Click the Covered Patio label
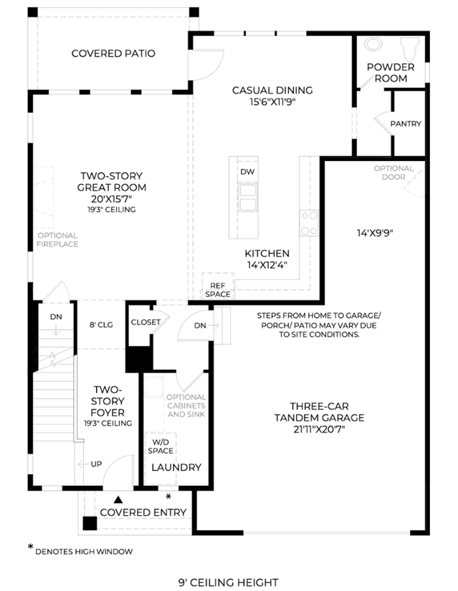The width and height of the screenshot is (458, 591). [x=113, y=54]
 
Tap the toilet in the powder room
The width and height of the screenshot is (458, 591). [x=409, y=48]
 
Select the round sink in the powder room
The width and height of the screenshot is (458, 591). [x=373, y=44]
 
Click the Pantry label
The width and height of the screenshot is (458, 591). [x=406, y=124]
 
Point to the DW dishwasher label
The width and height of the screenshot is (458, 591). [x=247, y=172]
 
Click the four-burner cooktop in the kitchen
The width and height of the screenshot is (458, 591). [x=309, y=223]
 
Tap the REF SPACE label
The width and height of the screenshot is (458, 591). [x=218, y=290]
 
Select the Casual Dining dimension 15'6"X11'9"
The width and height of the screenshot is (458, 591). [x=272, y=102]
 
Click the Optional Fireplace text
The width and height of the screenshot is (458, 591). [x=57, y=240]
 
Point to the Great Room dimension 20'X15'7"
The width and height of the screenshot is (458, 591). [x=112, y=199]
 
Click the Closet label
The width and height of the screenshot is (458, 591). [x=145, y=322]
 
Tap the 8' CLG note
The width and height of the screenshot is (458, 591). [x=101, y=325]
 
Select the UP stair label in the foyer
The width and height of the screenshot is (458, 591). [x=96, y=464]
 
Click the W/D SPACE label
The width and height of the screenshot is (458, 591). [x=161, y=446]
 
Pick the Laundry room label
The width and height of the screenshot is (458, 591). [x=176, y=467]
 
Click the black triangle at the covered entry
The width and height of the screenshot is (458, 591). [x=118, y=500]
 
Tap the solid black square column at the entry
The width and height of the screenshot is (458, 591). [x=90, y=524]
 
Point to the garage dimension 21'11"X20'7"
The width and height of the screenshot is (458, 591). [x=319, y=429]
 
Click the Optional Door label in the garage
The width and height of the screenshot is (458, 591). [x=393, y=172]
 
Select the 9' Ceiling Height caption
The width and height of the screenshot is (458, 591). [x=229, y=582]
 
